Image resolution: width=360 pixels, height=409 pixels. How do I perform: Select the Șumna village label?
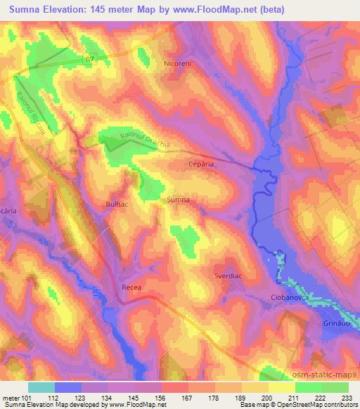pos(178,200)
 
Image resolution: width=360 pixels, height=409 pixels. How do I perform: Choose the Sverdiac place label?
pos(229,277)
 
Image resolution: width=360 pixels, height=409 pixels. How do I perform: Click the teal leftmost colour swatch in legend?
pos(41,387)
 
